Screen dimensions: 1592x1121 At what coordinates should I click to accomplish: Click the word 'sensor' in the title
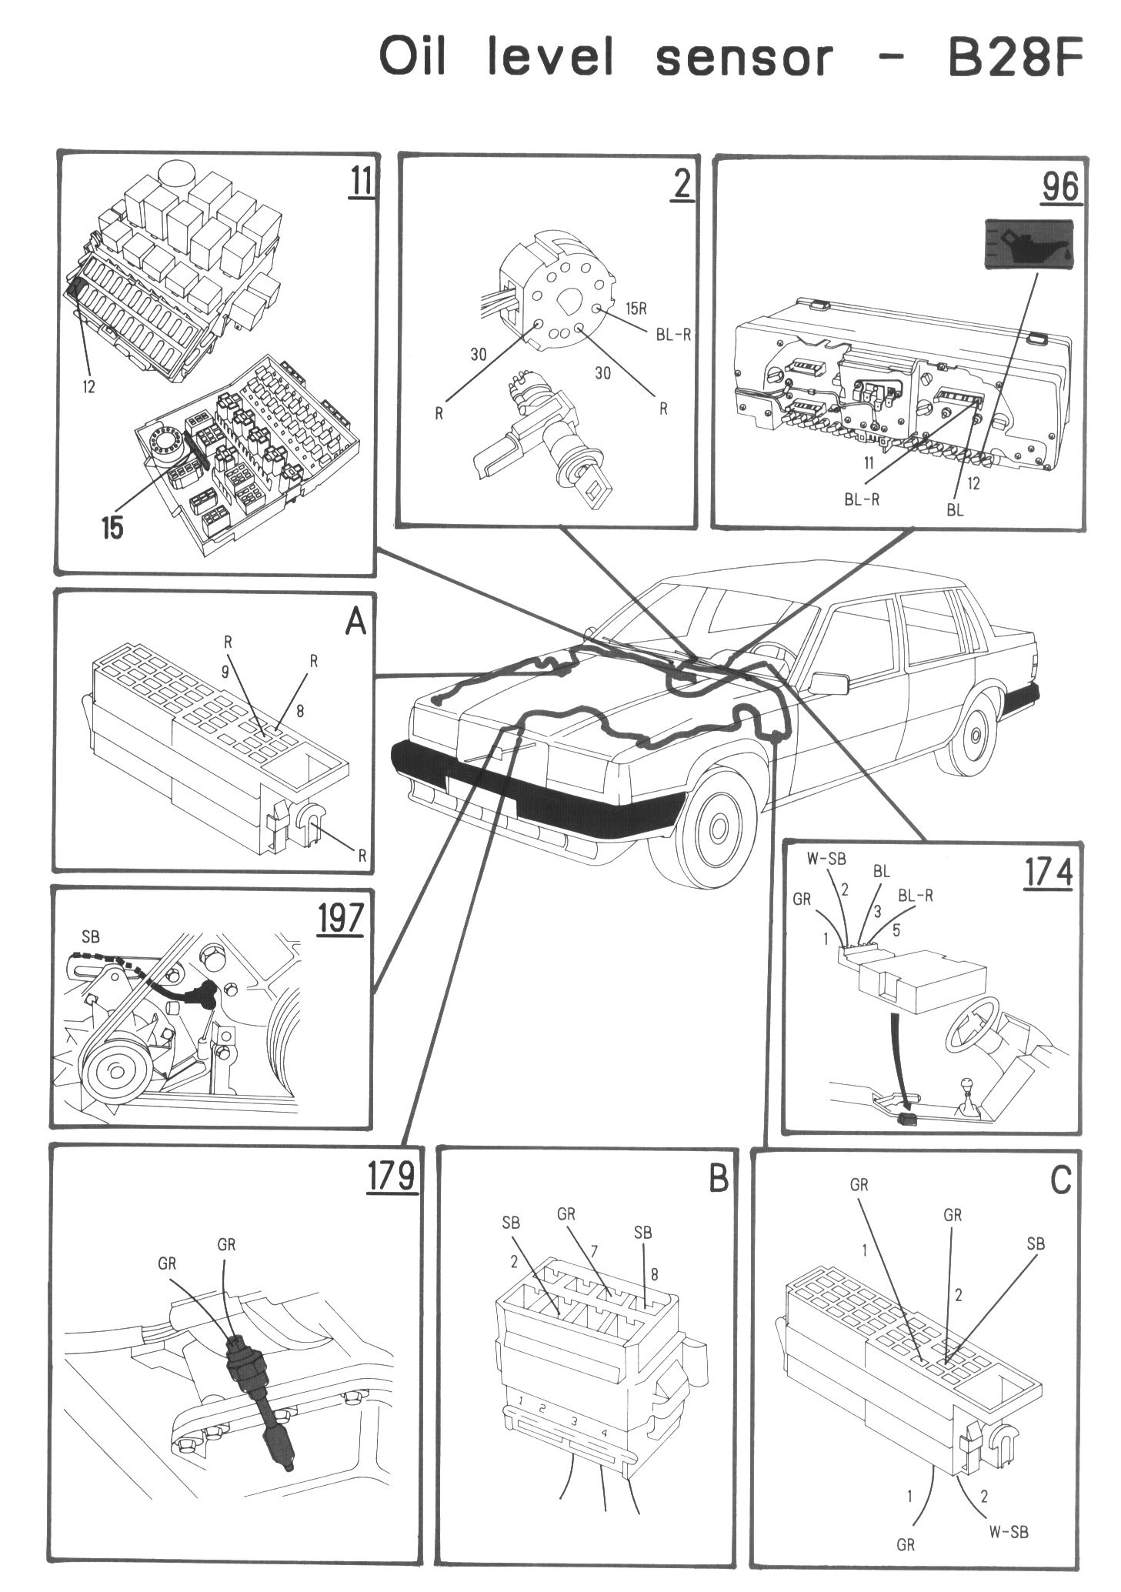click(743, 58)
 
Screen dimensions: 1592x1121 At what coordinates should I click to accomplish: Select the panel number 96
click(1060, 187)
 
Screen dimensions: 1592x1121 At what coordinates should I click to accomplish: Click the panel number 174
click(1048, 873)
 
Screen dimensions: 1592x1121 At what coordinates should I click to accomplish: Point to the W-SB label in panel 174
click(826, 859)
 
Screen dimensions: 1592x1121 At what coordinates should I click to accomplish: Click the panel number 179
click(391, 1176)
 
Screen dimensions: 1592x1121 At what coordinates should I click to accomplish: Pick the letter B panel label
click(717, 1178)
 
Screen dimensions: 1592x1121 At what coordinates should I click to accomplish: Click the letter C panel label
click(1060, 1180)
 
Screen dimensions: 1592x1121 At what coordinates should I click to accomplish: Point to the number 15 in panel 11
click(112, 528)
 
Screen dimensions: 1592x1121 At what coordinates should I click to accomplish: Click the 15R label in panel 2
click(636, 309)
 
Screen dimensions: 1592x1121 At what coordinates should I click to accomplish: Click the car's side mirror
click(827, 683)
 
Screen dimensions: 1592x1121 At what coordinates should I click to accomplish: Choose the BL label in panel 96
click(954, 509)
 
